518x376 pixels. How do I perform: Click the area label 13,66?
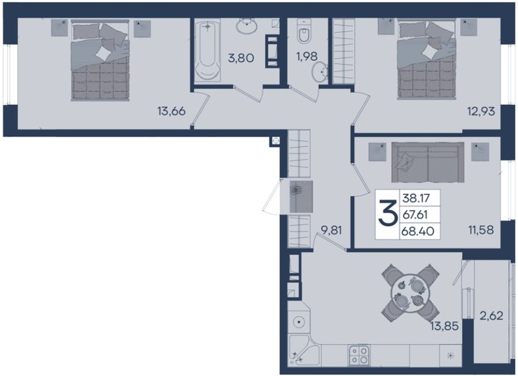[x=172, y=112]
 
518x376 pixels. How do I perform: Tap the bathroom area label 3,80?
[x=241, y=58]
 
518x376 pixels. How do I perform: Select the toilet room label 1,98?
[x=307, y=56]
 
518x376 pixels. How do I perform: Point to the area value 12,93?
[x=481, y=112]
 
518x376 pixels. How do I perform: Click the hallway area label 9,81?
[x=332, y=230]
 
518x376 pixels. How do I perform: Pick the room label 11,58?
[x=481, y=229]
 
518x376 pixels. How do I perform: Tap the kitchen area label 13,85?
[x=444, y=326]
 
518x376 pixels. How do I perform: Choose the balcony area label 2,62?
[x=492, y=316]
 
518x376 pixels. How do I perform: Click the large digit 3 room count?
[x=387, y=214]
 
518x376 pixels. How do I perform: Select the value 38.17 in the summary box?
[x=416, y=198]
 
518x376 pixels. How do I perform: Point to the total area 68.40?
[x=418, y=231]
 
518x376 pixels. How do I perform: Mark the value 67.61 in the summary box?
[x=415, y=215]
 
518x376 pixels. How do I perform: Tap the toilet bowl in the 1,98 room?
[x=303, y=32]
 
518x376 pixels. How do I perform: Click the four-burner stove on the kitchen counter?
[x=359, y=355]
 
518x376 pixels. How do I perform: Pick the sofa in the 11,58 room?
[x=428, y=162]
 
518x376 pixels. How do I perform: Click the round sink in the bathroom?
[x=246, y=26]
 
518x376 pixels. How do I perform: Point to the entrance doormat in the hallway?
[x=301, y=197]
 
